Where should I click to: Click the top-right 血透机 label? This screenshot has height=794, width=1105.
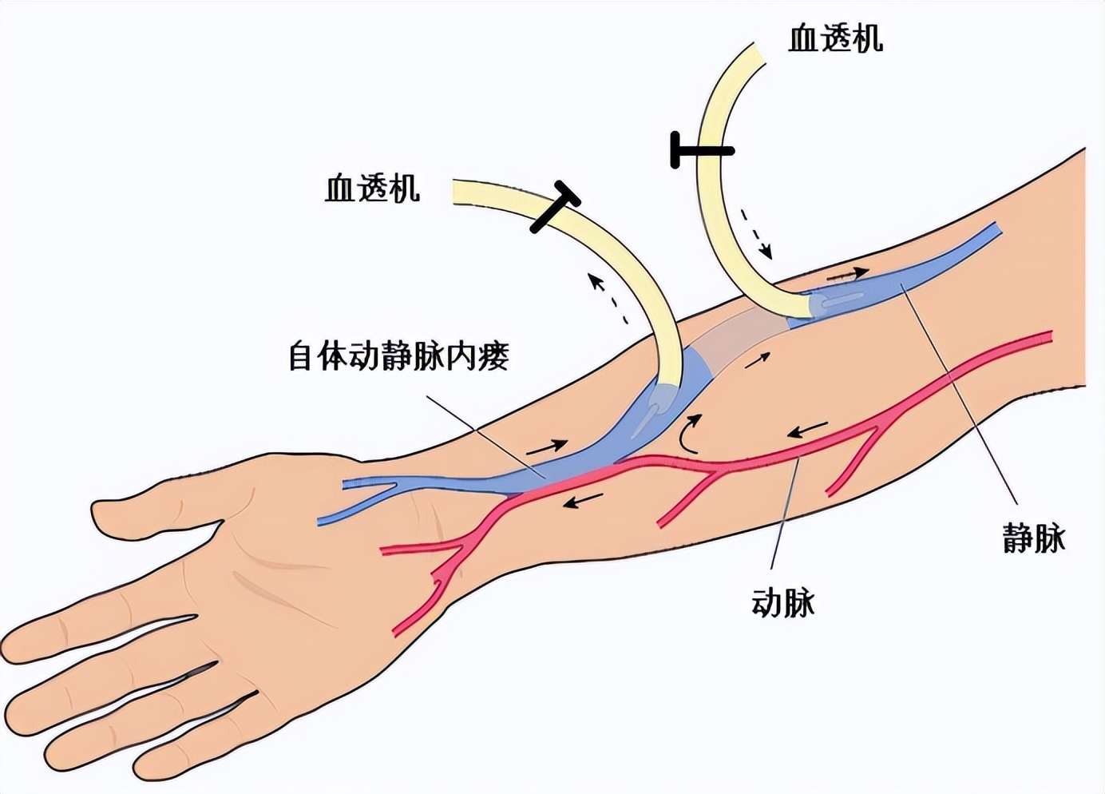pyautogui.click(x=835, y=38)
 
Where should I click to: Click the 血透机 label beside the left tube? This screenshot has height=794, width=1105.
pyautogui.click(x=372, y=189)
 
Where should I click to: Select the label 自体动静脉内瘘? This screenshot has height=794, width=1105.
pyautogui.click(x=398, y=356)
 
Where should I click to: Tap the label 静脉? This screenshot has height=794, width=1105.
pyautogui.click(x=1034, y=539)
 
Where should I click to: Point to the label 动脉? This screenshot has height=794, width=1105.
pyautogui.click(x=783, y=603)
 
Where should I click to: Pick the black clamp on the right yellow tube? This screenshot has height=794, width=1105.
pyautogui.click(x=700, y=150)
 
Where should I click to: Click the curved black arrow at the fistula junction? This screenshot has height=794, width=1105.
pyautogui.click(x=689, y=434)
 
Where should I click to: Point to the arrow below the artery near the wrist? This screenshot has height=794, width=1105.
pyautogui.click(x=582, y=502)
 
